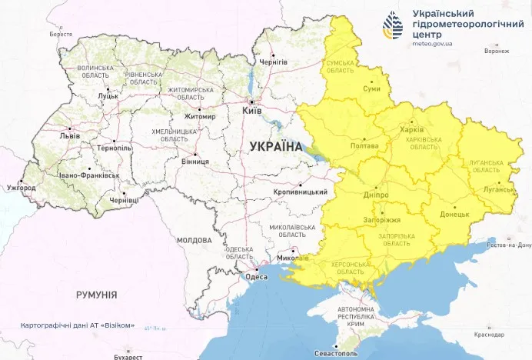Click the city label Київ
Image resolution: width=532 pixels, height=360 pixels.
coord(253,112)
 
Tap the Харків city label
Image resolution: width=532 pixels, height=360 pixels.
coord(412,129)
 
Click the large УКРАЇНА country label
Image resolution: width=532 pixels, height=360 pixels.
coord(276,145)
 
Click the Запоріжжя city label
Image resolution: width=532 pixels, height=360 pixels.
coord(380,220)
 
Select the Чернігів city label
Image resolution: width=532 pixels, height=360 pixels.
coord(273,62)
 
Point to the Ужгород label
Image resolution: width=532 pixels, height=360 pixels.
coord(21,188)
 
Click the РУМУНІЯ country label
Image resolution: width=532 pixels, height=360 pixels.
coord(96,295)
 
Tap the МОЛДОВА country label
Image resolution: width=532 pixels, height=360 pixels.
coord(194,241)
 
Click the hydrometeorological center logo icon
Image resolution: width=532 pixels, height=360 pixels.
coord(393,26)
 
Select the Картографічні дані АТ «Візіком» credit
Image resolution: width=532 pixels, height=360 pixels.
coord(78,325)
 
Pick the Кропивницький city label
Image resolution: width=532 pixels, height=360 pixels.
coord(301,192)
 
